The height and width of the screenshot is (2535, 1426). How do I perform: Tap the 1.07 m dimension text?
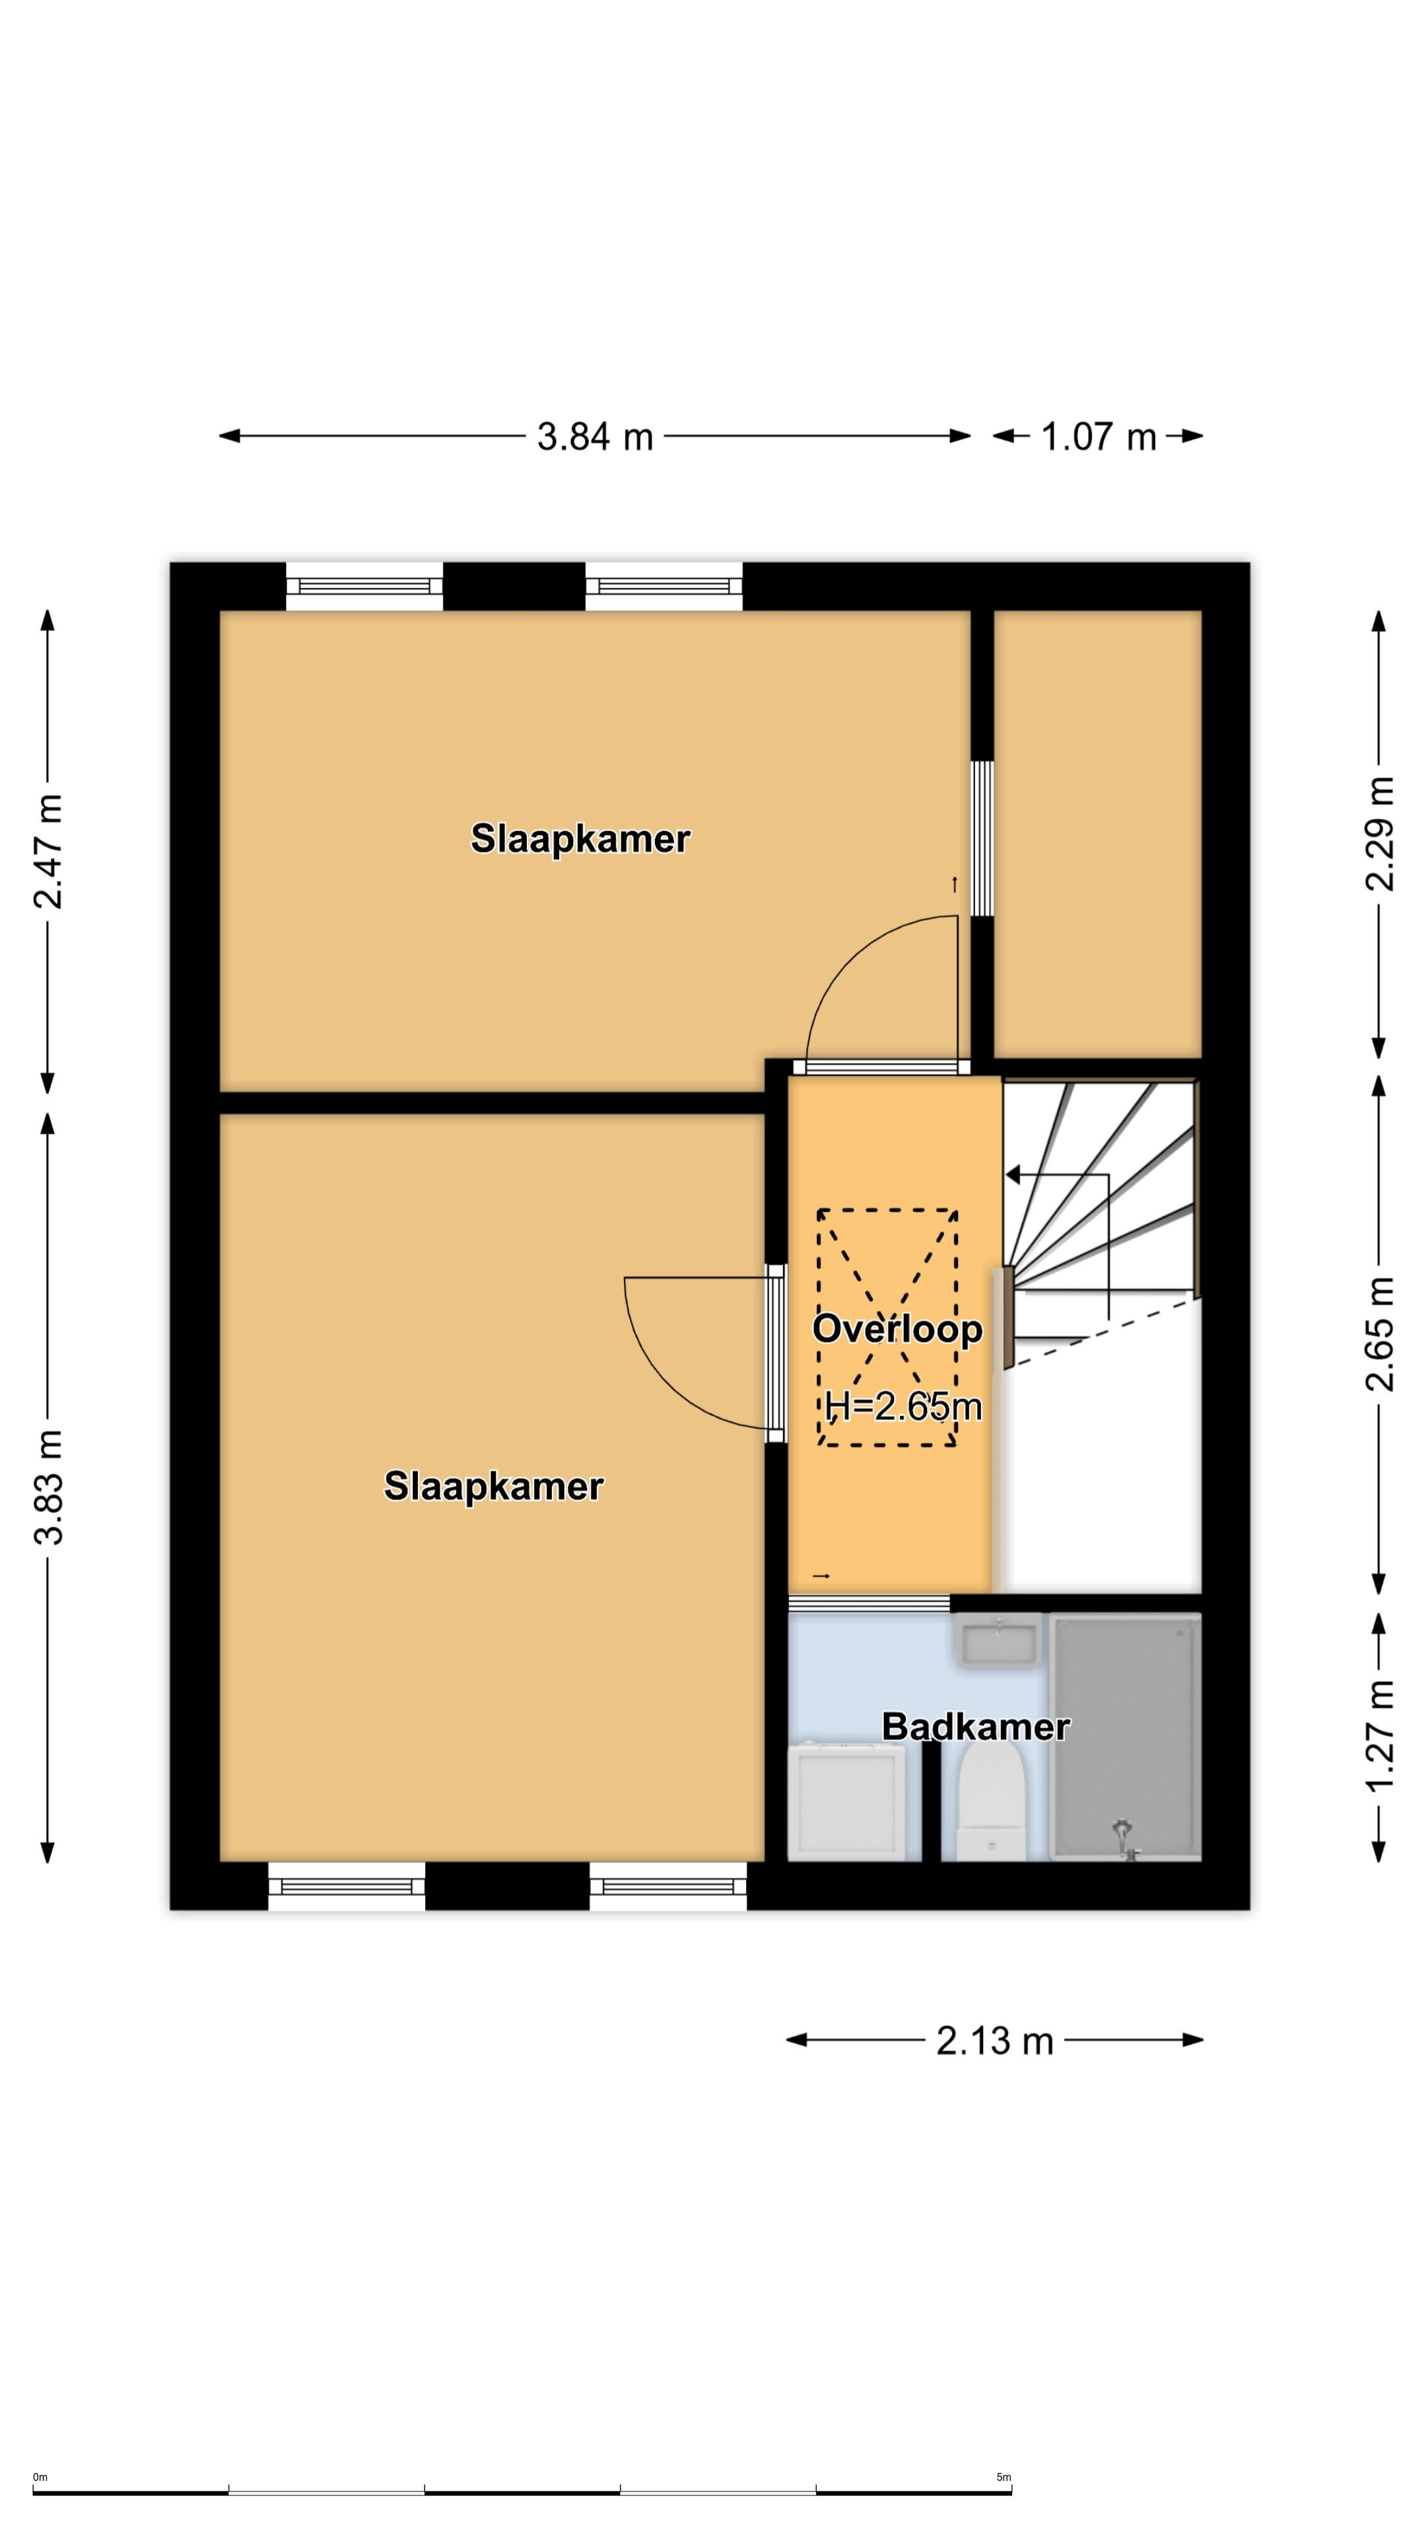[1099, 436]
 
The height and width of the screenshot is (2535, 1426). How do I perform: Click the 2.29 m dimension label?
[1380, 834]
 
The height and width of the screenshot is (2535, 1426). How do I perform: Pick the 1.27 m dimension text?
[1380, 1736]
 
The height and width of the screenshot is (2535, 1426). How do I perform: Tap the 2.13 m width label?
[994, 2041]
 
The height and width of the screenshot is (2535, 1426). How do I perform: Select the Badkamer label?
[975, 1726]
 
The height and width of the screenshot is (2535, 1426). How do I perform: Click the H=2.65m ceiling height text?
[903, 1406]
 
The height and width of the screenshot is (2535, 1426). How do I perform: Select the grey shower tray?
[1126, 1739]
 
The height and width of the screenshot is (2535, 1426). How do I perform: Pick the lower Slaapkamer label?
[493, 1486]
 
